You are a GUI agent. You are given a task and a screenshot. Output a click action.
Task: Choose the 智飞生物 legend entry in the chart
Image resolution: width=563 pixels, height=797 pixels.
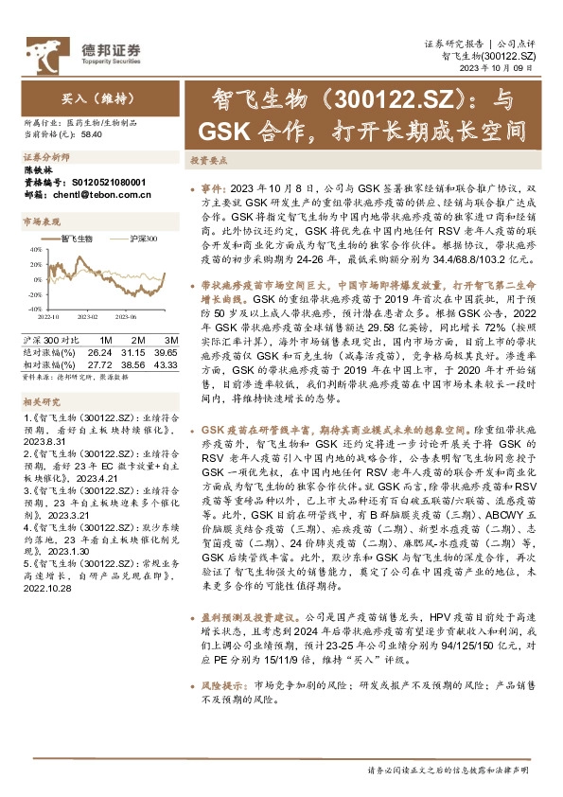point(79,239)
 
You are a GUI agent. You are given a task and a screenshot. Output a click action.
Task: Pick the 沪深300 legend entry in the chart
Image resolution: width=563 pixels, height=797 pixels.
point(143,239)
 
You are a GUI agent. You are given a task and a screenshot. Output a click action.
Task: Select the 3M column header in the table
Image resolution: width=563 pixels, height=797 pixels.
point(171,339)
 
